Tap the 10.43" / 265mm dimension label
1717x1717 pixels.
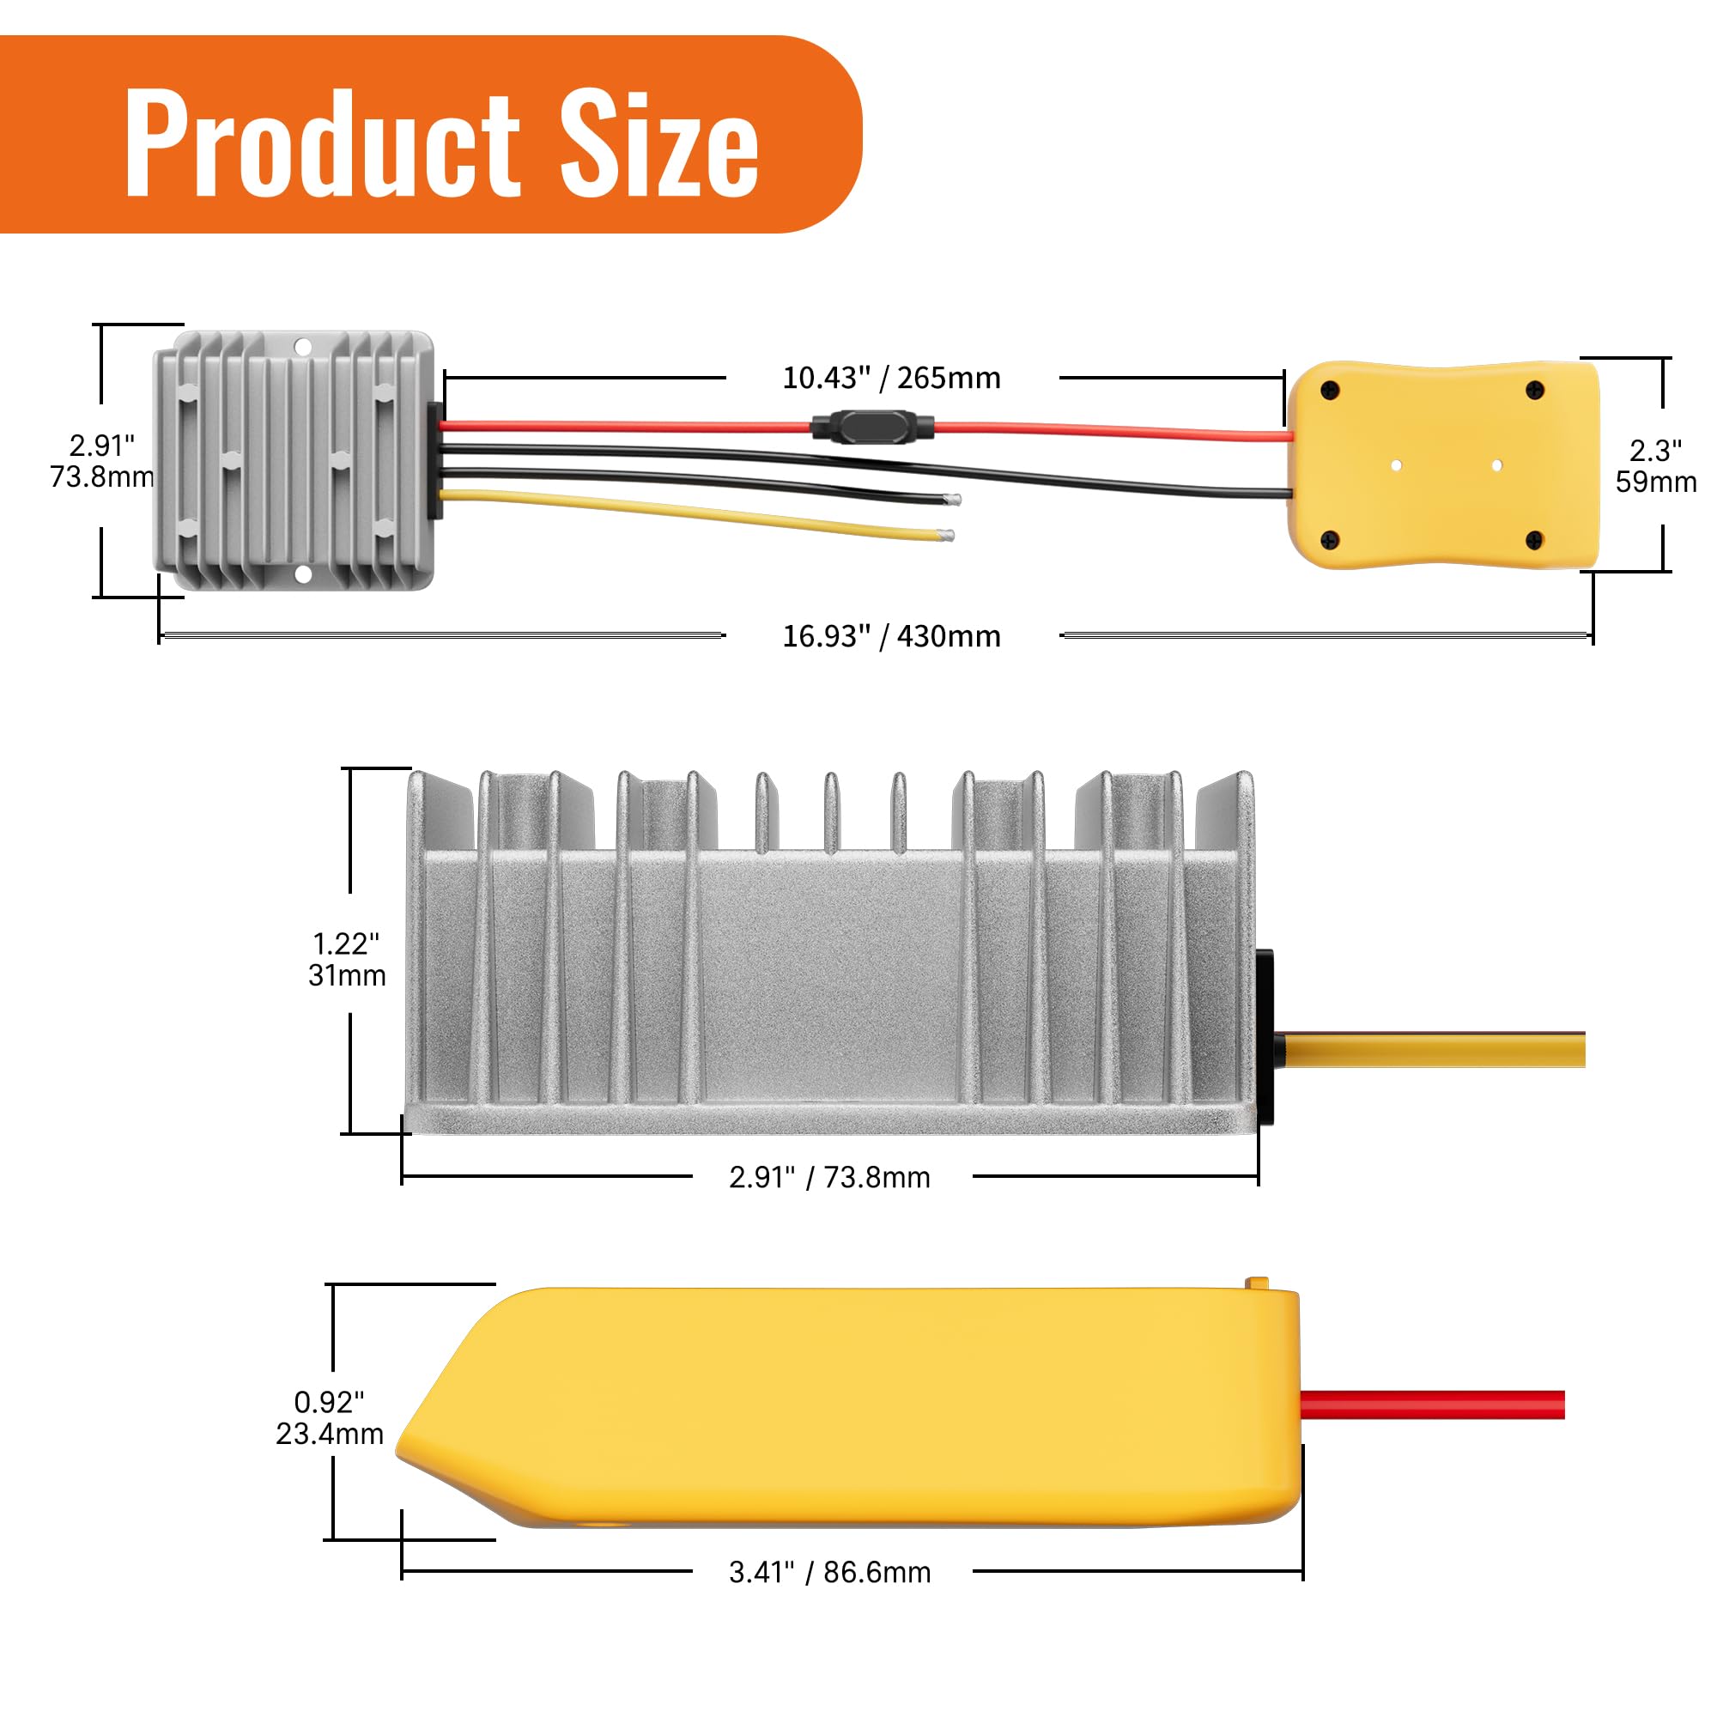(x=891, y=379)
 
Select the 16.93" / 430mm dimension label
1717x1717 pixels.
(x=891, y=636)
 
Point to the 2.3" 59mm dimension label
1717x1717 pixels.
(x=1656, y=466)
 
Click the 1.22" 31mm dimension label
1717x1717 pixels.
(x=347, y=960)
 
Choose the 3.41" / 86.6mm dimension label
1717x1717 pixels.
(x=830, y=1572)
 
